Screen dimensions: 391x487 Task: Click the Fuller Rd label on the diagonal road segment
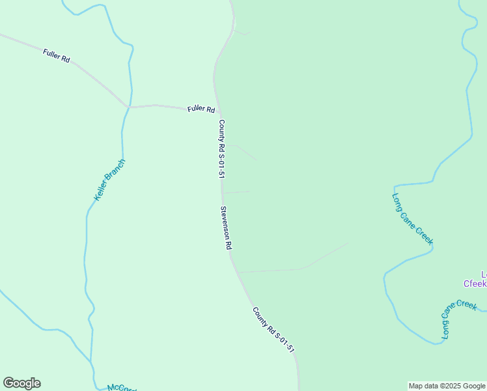tap(57, 55)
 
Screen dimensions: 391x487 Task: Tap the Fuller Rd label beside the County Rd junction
tap(201, 109)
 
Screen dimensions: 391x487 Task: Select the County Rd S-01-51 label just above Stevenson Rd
tap(221, 149)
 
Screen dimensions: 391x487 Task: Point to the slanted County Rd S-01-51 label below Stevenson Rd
tap(274, 330)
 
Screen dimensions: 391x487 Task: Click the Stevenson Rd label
tap(226, 228)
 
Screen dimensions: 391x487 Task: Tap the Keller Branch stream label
tap(109, 179)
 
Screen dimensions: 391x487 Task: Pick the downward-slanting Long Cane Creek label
tap(413, 219)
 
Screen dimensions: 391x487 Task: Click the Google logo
tap(21, 383)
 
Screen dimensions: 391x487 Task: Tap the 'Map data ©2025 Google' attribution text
tap(447, 386)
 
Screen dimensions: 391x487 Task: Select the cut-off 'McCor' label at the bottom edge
tap(122, 387)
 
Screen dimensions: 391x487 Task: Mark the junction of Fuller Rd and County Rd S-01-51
tap(219, 112)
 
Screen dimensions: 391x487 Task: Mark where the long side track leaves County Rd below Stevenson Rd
tap(238, 272)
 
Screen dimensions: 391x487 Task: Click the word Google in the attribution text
tap(473, 386)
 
